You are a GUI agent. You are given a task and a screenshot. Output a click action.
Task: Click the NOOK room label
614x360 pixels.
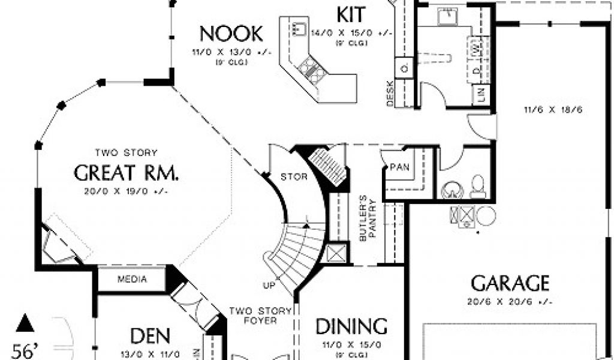click(231, 32)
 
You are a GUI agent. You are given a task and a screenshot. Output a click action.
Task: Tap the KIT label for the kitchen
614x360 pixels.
click(351, 13)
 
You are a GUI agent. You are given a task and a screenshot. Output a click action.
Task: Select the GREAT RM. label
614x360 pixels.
click(126, 173)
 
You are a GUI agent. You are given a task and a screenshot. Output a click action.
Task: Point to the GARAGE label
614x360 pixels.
click(510, 283)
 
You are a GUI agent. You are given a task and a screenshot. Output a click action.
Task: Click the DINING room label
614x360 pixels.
click(351, 326)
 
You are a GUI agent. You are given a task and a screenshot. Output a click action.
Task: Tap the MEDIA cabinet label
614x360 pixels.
click(133, 279)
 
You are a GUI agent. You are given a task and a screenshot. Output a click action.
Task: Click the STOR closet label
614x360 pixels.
click(294, 176)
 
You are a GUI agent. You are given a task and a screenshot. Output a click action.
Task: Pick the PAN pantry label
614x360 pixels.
click(399, 167)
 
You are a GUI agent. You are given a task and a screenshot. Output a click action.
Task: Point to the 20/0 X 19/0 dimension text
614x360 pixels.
click(126, 191)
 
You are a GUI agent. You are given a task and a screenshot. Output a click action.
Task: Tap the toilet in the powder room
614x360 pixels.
click(478, 187)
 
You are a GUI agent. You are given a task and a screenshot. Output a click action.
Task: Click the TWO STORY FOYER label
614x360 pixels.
click(260, 316)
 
